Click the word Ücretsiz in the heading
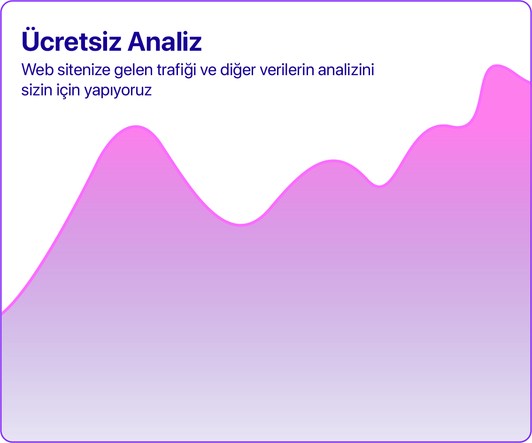pos(71,40)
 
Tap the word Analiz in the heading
pos(165,41)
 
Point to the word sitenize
pos(84,70)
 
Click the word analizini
pos(346,70)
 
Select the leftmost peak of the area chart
pos(136,126)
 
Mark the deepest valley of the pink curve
pos(240,225)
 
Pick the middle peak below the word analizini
pos(333,161)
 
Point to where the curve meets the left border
pos(2,313)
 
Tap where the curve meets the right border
pos(530,82)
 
